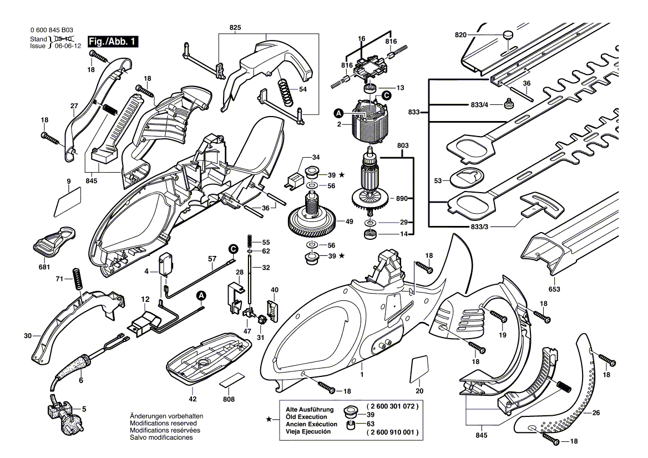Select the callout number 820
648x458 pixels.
[x=461, y=35]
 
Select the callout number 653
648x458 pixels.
[x=554, y=289]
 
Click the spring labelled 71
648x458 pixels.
[x=77, y=278]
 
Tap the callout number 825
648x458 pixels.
[x=235, y=27]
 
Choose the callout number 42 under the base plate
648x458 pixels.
[x=193, y=399]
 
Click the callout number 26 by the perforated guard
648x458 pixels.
[x=596, y=413]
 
